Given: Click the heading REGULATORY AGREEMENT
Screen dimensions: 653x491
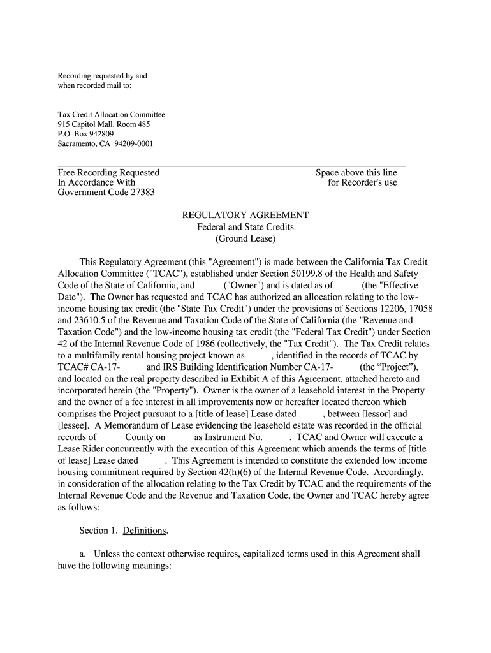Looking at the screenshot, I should click(246, 216).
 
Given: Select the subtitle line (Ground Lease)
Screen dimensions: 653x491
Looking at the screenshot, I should click(246, 238).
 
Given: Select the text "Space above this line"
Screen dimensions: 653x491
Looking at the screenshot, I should click(356, 172).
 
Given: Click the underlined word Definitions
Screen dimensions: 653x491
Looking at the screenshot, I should click(145, 531).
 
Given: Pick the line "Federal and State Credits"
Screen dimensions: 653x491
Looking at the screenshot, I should click(246, 227).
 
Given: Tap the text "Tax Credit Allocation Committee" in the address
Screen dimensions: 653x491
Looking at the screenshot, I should click(112, 115).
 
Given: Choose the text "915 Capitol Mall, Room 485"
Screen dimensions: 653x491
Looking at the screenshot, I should click(104, 124).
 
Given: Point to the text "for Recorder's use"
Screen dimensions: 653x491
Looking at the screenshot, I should click(362, 182).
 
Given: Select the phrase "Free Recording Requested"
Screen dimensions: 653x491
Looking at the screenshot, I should click(108, 172).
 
